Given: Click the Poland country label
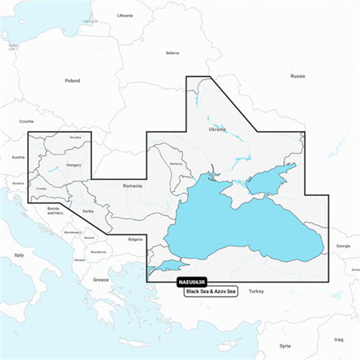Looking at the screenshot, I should (73, 81).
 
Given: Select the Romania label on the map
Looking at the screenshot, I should (132, 185).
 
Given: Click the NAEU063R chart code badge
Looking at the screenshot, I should (188, 282).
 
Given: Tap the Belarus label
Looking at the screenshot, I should (172, 53).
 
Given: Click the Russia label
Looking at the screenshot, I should (298, 75).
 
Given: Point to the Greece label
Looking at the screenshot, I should (101, 279).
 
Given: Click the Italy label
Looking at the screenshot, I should (20, 254).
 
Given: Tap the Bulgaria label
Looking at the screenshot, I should (135, 239).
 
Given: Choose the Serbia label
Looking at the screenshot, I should (87, 210).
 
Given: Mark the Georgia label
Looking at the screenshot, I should (342, 246).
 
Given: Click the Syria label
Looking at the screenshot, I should (285, 346).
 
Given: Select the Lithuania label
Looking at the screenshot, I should (125, 15).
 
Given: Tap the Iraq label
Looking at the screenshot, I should (338, 339).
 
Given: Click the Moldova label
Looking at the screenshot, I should (177, 165).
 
